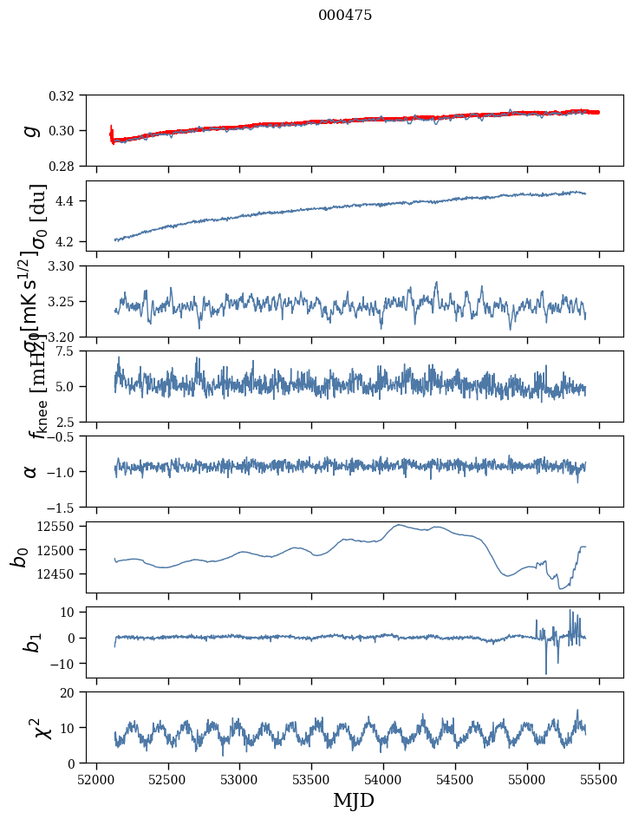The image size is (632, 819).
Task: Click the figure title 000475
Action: tap(345, 16)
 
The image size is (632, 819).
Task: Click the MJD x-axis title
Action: tap(354, 801)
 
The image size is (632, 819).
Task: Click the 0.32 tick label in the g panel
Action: tap(67, 95)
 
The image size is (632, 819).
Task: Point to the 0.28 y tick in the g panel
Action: tap(67, 166)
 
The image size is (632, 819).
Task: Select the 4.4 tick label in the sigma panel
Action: tap(72, 201)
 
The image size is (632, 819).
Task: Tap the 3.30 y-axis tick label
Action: tap(67, 266)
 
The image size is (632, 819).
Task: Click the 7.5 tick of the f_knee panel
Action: tap(72, 351)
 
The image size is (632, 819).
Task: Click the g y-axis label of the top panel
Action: tap(31, 130)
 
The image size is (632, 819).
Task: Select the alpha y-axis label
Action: tap(31, 471)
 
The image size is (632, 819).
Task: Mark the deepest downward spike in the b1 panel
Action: tap(546, 673)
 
